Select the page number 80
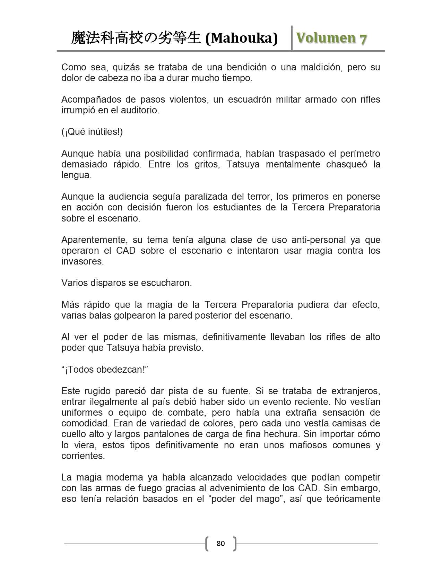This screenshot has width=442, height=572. coord(220,543)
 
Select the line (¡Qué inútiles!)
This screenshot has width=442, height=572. coord(92,132)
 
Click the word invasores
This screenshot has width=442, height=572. coord(83,261)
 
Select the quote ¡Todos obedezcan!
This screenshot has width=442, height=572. coord(105,370)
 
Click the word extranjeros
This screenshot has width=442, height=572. coord(356,391)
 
